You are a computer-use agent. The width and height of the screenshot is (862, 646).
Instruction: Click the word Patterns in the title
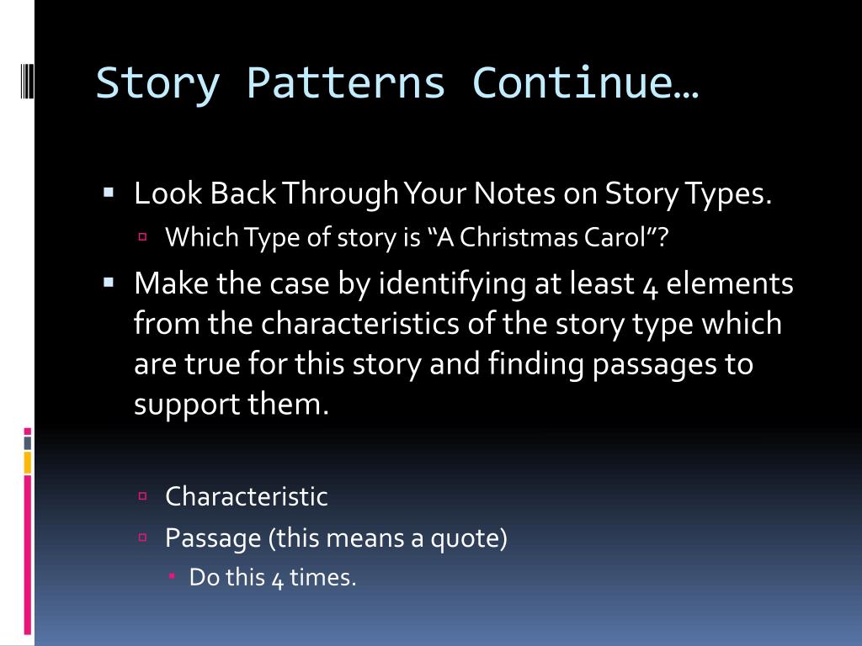point(345,84)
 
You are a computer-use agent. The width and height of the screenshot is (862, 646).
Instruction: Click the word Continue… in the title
point(586,84)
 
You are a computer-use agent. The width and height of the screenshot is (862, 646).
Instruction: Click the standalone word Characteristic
point(246,496)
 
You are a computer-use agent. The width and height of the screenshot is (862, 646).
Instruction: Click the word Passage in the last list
point(213,537)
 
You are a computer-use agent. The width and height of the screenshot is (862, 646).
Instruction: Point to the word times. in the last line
point(323,578)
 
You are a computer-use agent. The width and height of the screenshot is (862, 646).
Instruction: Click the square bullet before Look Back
point(109,193)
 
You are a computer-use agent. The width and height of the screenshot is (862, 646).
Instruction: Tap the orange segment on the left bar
point(27,462)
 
